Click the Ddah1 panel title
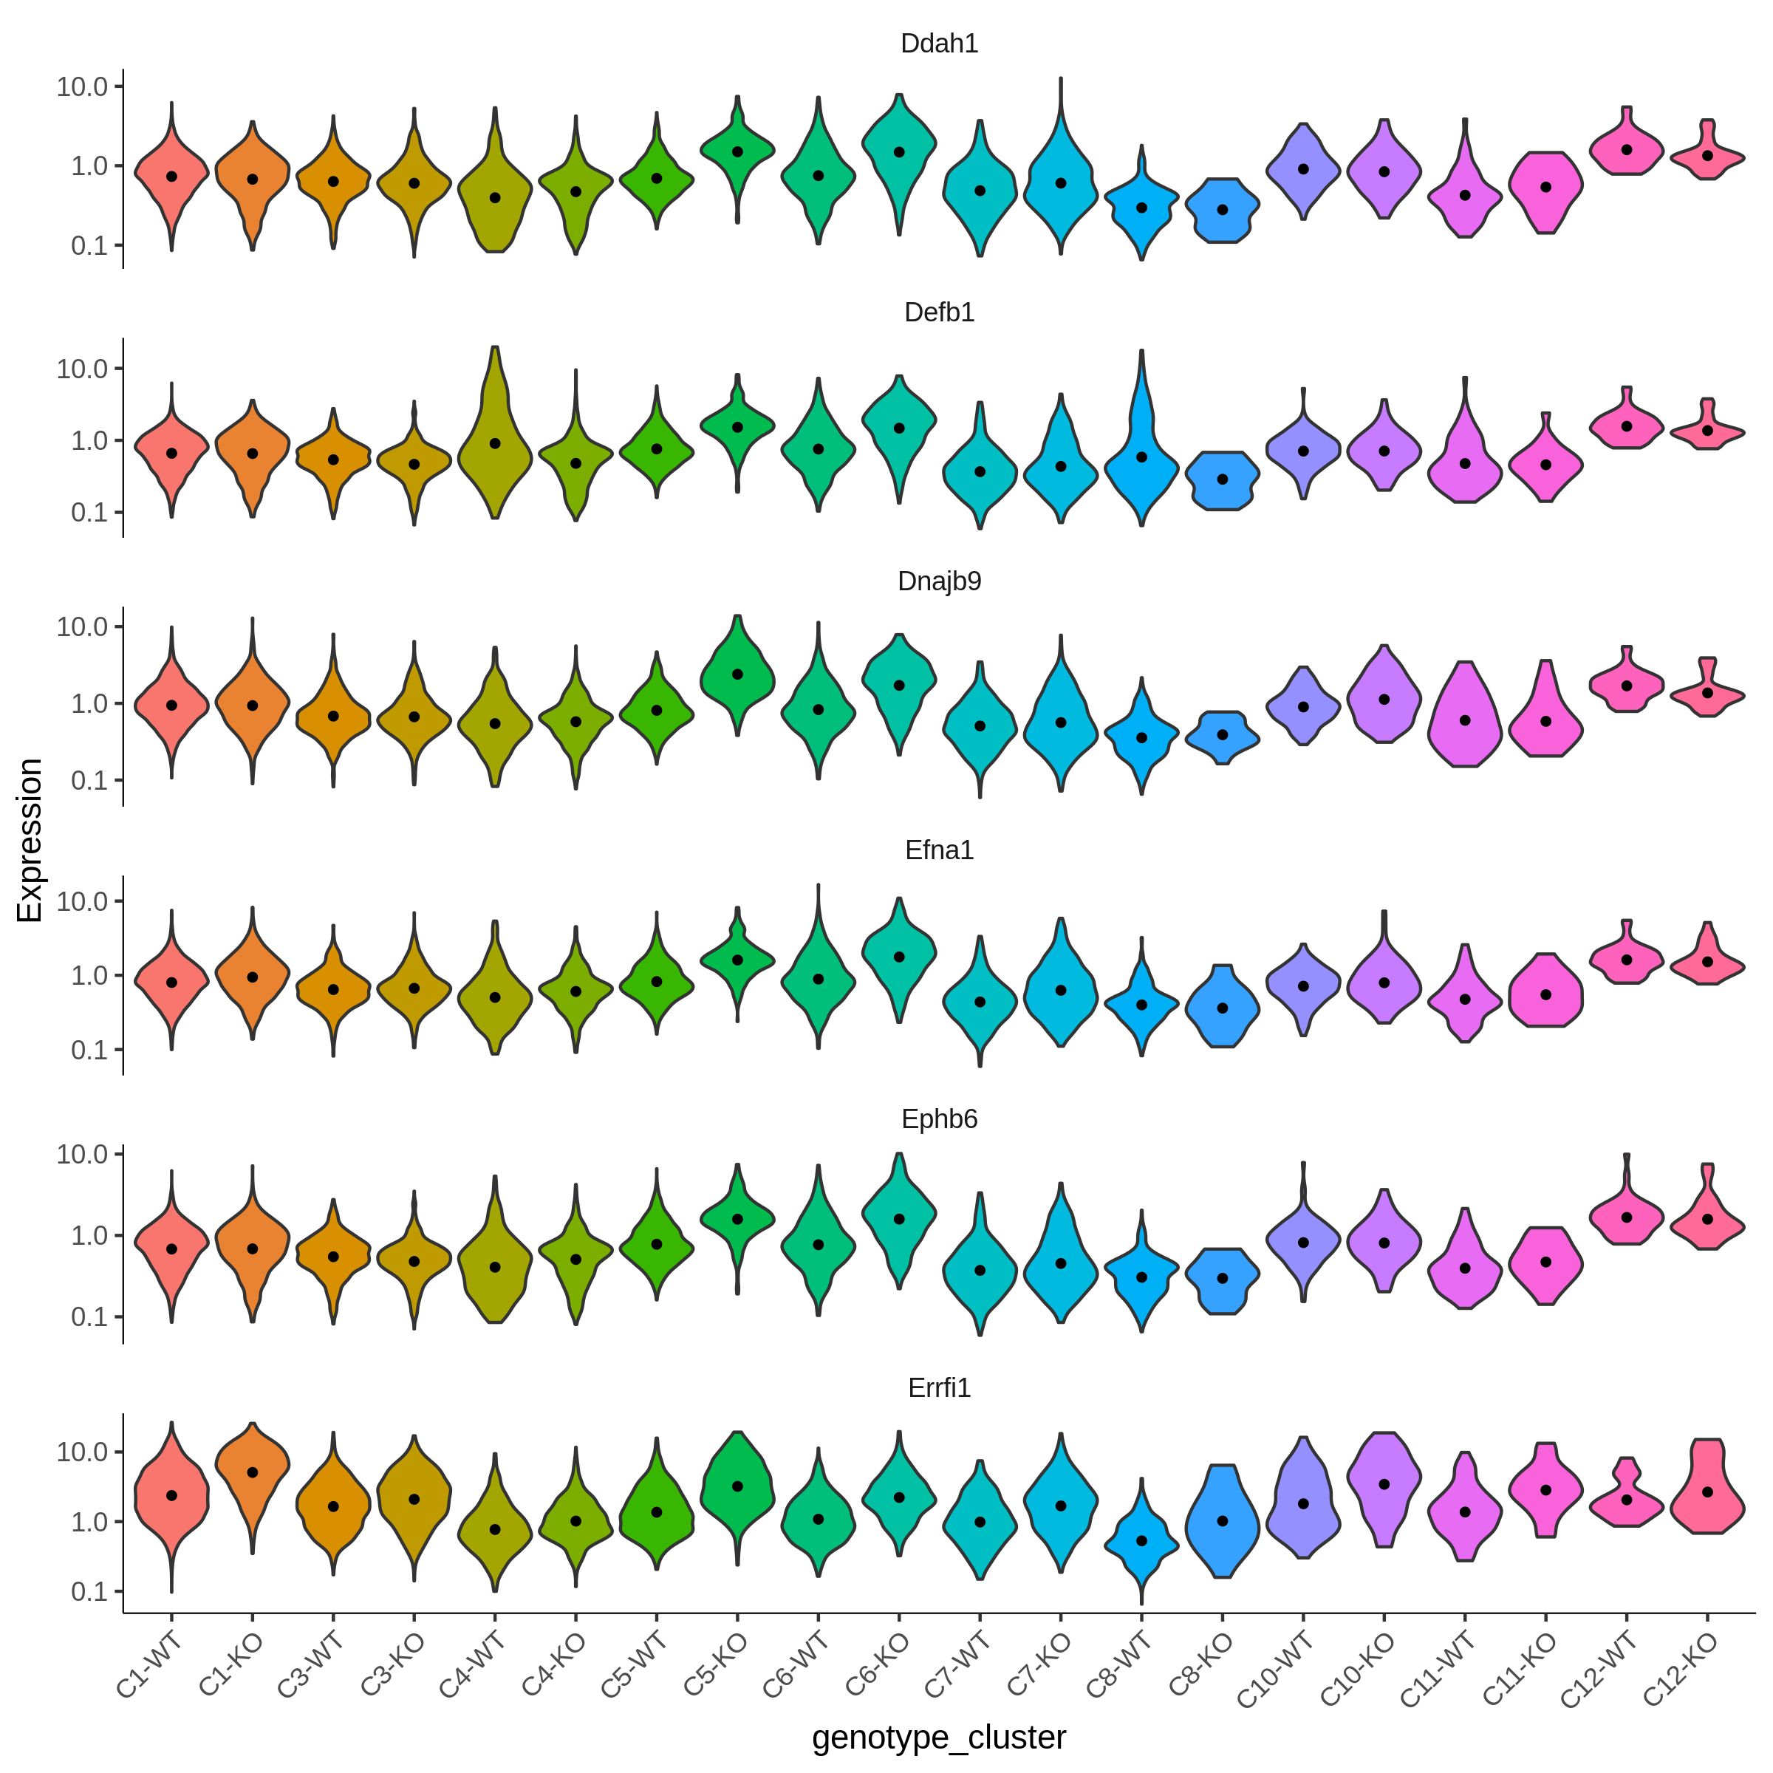(939, 44)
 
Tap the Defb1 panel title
(939, 313)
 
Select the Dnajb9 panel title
(939, 582)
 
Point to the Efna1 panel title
(939, 851)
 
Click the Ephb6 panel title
(939, 1120)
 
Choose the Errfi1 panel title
(939, 1389)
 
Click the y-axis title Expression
(30, 841)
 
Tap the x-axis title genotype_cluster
(939, 1738)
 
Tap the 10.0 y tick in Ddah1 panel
(82, 87)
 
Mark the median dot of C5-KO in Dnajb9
(737, 674)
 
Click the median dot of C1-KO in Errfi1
(253, 1473)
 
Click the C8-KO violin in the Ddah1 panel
(1223, 210)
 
